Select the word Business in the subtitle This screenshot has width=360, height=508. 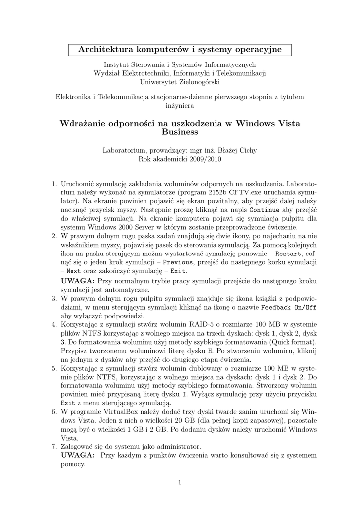pyautogui.click(x=180, y=132)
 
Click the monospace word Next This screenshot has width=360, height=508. pyautogui.click(x=73, y=271)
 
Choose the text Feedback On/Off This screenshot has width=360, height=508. pyautogui.click(x=288, y=307)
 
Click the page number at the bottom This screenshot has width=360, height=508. pyautogui.click(x=180, y=482)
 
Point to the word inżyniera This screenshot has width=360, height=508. pyautogui.click(x=180, y=105)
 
